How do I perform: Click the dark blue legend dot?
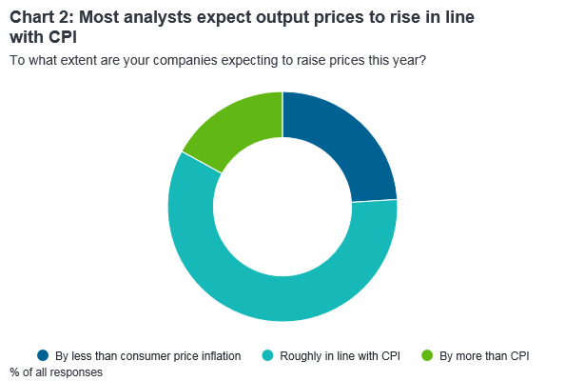coord(43,355)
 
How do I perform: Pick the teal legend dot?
coord(267,355)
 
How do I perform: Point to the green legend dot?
coord(427,355)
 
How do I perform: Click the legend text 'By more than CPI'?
coord(484,355)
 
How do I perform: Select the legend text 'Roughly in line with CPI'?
coord(340,355)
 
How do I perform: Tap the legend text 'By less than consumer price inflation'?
coord(147,355)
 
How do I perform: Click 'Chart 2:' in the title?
coord(41,17)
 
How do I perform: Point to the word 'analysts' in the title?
coord(157,18)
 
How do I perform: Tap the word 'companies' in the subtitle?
coord(185,61)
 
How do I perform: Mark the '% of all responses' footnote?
coord(56,372)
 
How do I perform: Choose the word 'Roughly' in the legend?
coord(301,355)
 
